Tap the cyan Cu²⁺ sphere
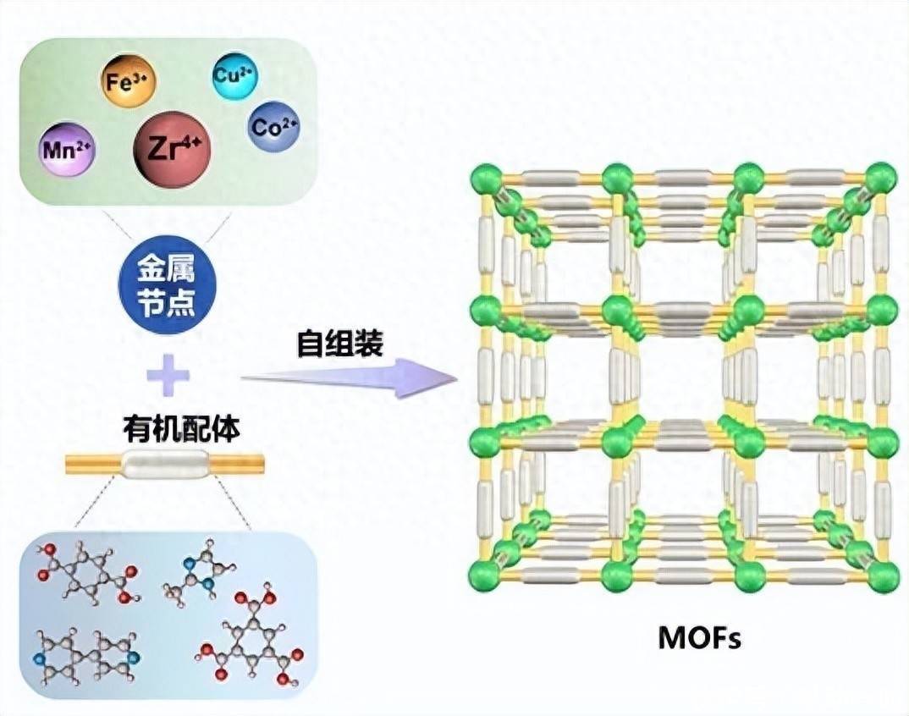click(x=230, y=75)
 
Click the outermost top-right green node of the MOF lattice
click(x=882, y=179)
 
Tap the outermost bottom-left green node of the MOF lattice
click(x=485, y=576)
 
